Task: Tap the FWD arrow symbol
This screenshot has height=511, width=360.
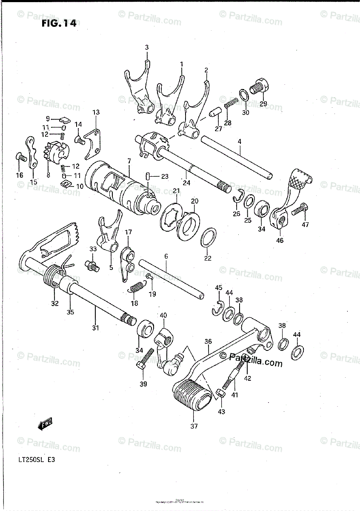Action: coord(44,423)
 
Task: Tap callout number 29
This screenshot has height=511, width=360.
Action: coord(263,104)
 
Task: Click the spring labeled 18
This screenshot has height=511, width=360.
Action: coord(137,288)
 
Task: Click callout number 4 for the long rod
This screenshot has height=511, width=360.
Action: coord(240,141)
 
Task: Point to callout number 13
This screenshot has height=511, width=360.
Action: coord(96,112)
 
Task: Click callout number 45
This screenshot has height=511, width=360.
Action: coord(218,288)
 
